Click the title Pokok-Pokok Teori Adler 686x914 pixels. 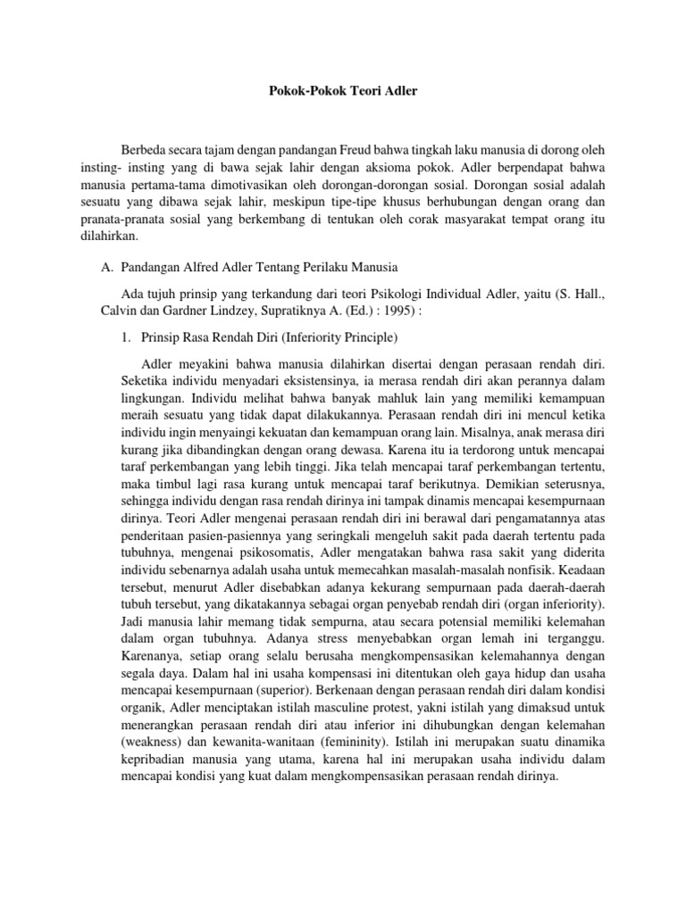[x=342, y=91]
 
